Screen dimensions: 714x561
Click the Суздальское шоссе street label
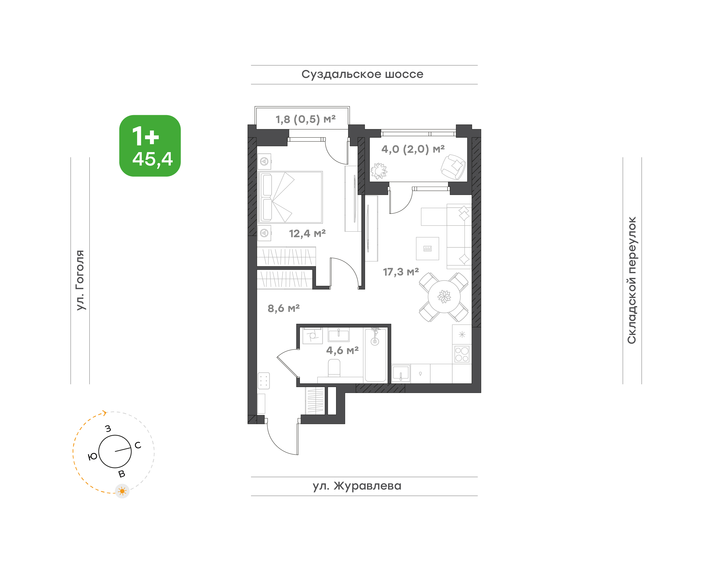pyautogui.click(x=362, y=74)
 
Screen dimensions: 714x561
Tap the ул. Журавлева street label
pyautogui.click(x=357, y=486)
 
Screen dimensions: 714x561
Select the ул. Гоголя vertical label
pyautogui.click(x=80, y=280)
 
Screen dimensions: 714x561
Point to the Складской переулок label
pyautogui.click(x=632, y=280)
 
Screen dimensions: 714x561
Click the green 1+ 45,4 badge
pyautogui.click(x=150, y=146)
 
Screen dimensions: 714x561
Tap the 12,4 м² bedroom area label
pyautogui.click(x=307, y=233)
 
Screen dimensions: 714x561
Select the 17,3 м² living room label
pyautogui.click(x=401, y=272)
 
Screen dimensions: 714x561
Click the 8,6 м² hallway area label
pyautogui.click(x=284, y=308)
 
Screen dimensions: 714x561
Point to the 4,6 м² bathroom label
pyautogui.click(x=342, y=350)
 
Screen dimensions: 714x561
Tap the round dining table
pyautogui.click(x=444, y=297)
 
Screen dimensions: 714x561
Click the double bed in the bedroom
pyautogui.click(x=290, y=197)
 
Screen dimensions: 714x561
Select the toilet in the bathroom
pyautogui.click(x=334, y=368)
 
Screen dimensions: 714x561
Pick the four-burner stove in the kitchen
pyautogui.click(x=462, y=354)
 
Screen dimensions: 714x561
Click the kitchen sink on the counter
pyautogui.click(x=401, y=373)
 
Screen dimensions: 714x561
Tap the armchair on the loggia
pyautogui.click(x=453, y=167)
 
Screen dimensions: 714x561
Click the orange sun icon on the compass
pyautogui.click(x=122, y=491)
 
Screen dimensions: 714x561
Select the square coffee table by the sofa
pyautogui.click(x=427, y=249)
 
